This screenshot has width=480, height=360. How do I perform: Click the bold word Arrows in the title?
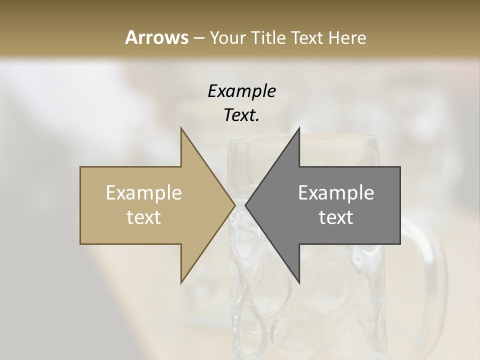click(156, 37)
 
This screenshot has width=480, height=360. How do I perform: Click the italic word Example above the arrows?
click(241, 91)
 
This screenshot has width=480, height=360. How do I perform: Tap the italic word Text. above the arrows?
click(241, 115)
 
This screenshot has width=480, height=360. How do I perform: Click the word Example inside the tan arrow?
click(144, 193)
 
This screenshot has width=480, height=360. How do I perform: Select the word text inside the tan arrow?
click(144, 217)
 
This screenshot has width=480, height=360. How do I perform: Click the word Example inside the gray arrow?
click(336, 193)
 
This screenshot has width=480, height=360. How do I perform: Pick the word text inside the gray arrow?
click(336, 217)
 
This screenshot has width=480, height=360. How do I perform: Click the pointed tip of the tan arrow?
click(234, 205)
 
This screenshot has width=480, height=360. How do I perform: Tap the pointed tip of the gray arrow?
click(246, 205)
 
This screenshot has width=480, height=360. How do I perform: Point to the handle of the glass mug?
click(430, 250)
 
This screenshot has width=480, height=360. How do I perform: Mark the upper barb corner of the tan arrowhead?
click(181, 128)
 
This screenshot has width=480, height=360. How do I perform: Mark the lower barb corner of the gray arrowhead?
click(299, 283)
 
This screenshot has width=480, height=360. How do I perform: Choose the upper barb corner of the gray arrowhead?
click(299, 128)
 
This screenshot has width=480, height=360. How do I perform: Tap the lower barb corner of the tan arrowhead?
click(181, 283)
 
